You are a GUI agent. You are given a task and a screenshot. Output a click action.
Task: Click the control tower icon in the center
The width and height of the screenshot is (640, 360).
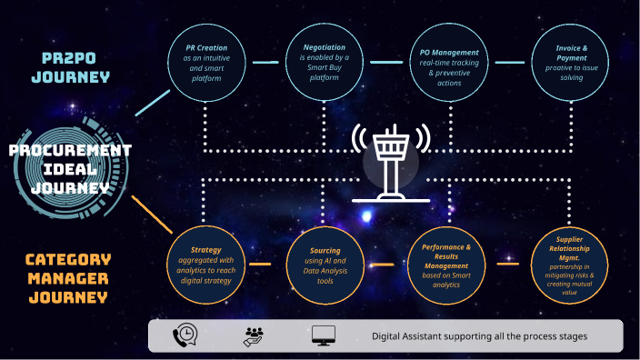pyautogui.click(x=391, y=162)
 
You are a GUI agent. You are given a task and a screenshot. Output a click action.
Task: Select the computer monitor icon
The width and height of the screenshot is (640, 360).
pyautogui.click(x=324, y=335)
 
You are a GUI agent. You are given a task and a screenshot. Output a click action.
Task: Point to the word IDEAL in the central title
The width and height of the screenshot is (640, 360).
pyautogui.click(x=70, y=169)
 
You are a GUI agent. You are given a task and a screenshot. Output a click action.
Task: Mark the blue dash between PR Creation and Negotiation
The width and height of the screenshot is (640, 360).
pyautogui.click(x=265, y=63)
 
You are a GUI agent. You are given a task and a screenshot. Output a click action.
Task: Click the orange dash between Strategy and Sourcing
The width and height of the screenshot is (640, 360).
pyautogui.click(x=265, y=265)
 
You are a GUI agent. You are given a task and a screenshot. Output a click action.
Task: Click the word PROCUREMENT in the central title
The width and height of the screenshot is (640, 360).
pyautogui.click(x=71, y=151)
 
